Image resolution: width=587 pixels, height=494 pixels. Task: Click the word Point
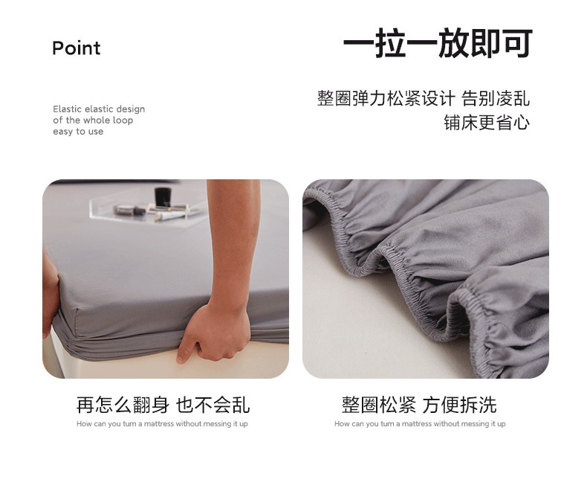(x=77, y=48)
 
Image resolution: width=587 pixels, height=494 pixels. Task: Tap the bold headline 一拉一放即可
(x=438, y=43)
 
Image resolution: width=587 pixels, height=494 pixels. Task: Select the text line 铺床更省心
(x=487, y=123)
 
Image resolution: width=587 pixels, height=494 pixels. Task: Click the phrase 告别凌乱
(x=496, y=98)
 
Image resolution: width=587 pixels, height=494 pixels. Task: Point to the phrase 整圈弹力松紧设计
(x=386, y=98)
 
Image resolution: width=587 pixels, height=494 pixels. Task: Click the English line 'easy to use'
(x=78, y=132)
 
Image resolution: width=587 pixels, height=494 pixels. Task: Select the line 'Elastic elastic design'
(x=99, y=109)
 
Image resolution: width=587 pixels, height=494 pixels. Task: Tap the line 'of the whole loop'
(x=93, y=121)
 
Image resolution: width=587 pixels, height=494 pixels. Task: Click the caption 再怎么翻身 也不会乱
(x=163, y=405)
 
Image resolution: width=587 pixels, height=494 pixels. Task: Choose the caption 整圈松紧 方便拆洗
(x=419, y=405)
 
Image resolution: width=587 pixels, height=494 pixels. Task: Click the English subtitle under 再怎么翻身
(x=162, y=424)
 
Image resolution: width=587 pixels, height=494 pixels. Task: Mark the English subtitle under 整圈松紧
(x=420, y=424)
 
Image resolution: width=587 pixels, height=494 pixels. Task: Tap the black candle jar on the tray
(x=163, y=196)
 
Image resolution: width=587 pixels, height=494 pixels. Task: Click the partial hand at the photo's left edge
(x=50, y=296)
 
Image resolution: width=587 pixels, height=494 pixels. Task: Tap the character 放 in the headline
(x=454, y=43)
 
